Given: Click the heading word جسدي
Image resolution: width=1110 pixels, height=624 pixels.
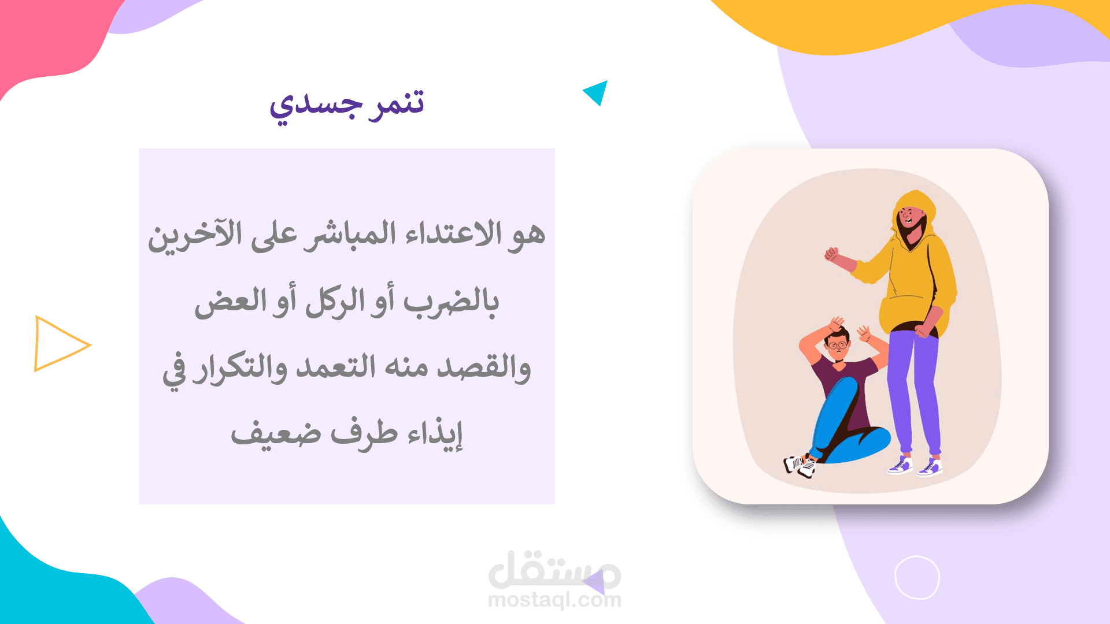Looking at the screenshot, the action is click(x=316, y=106).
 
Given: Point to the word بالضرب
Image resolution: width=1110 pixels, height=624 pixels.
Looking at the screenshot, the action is click(x=451, y=302).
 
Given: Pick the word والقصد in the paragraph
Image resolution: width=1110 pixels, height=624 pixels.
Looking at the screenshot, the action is click(x=483, y=367).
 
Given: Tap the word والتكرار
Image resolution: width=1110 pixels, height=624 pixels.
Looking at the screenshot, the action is click(x=240, y=369).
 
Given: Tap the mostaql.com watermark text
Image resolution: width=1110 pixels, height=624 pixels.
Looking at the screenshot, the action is click(x=554, y=600).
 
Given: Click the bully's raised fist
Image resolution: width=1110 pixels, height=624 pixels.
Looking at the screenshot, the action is click(x=831, y=254).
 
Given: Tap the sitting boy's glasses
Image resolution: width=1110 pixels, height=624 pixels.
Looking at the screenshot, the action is click(x=838, y=346).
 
